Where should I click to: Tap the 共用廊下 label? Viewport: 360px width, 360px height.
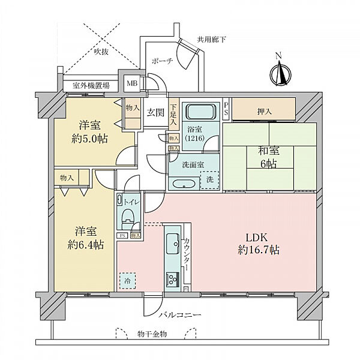pyautogui.click(x=212, y=41)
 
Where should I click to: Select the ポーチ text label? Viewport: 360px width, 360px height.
pyautogui.click(x=163, y=61)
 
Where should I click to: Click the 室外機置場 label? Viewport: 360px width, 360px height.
pyautogui.click(x=91, y=86)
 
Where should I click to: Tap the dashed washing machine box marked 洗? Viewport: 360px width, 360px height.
pyautogui.click(x=209, y=179)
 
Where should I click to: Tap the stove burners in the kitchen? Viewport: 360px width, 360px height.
pyautogui.click(x=173, y=280)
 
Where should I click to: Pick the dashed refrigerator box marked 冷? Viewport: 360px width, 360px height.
pyautogui.click(x=127, y=280)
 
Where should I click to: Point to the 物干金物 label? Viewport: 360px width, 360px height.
pyautogui.click(x=152, y=334)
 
